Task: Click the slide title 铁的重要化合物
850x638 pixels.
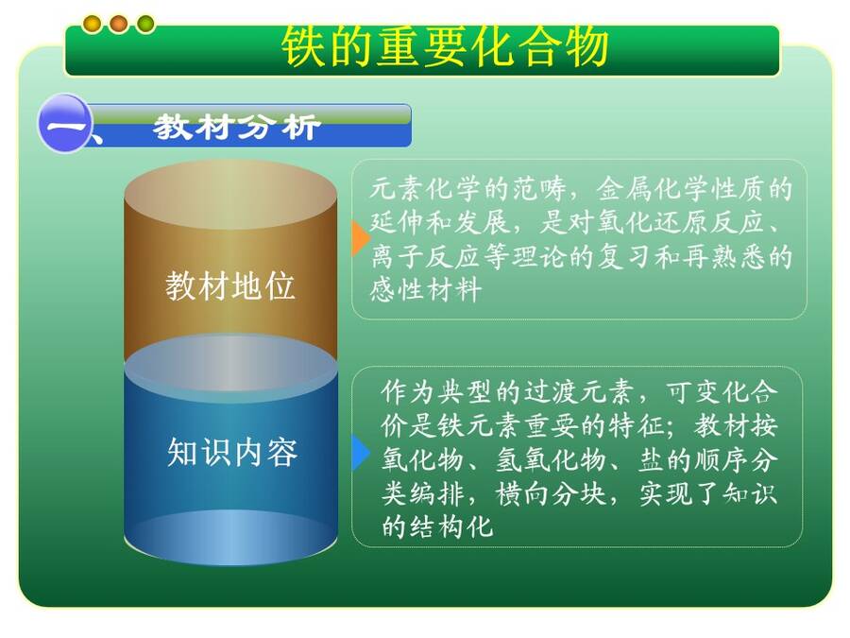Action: [445, 46]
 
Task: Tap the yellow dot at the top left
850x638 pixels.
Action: [93, 24]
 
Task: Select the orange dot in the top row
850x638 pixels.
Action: [119, 24]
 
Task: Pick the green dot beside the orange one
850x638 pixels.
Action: [145, 24]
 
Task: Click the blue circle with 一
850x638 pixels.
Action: [63, 123]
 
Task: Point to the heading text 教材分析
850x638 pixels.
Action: [237, 128]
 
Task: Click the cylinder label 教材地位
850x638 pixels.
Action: [229, 285]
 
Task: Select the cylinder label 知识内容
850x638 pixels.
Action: [232, 452]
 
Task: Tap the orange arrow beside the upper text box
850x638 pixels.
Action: [361, 237]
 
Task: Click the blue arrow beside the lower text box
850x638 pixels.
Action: [361, 452]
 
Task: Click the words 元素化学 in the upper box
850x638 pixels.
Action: [426, 188]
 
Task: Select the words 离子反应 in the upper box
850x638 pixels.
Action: [426, 256]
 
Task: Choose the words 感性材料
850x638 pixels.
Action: [426, 289]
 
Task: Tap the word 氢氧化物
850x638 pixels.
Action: [551, 459]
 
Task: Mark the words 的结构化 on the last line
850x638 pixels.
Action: [437, 526]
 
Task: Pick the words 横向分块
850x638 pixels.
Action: [551, 493]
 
